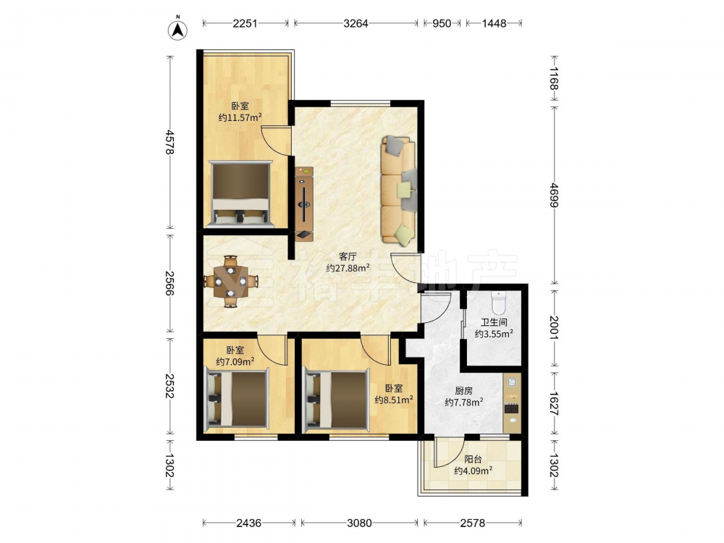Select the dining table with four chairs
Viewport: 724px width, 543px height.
tap(231, 281)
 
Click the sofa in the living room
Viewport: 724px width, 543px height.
tap(398, 189)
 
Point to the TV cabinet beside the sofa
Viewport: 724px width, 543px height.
tap(304, 203)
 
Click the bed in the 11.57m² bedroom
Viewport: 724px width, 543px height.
tap(240, 194)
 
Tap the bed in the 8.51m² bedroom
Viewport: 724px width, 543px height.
tap(336, 399)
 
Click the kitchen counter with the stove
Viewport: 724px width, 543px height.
tap(512, 403)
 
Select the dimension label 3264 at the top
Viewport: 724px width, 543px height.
tap(355, 23)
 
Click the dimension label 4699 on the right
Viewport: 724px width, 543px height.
tap(554, 195)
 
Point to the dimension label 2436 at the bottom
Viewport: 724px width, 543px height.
tap(249, 523)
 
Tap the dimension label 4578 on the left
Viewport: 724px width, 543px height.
tap(170, 142)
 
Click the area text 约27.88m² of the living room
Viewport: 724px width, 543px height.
tap(348, 268)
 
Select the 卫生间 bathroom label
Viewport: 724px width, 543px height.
tap(494, 322)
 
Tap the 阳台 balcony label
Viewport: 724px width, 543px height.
tap(473, 460)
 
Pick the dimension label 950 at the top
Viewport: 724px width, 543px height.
tap(442, 23)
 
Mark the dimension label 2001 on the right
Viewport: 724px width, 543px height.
tap(554, 328)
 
